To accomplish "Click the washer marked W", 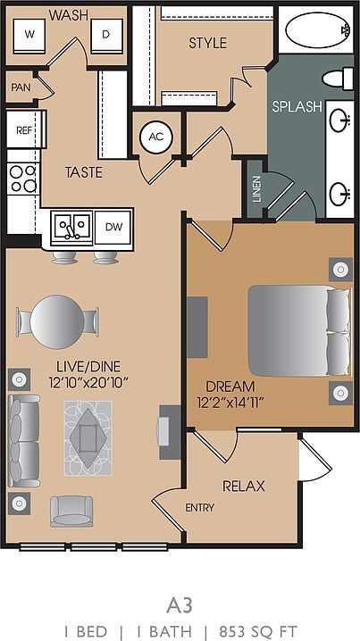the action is pos(29,36).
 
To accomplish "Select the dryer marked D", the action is pos(106,36).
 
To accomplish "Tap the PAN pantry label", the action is pos(20,87).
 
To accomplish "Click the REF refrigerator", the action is pos(24,129).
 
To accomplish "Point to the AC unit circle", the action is pos(155,137).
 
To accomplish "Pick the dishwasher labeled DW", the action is pos(113,228).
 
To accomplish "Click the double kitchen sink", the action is pos(72,228).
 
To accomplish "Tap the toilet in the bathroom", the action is pos(338,79).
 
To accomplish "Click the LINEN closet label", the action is pos(256,189).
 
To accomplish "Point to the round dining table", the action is pos(57,322).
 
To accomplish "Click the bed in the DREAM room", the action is pos(299,330).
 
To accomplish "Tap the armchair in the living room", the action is pos(71,511).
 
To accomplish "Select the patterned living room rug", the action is pos(88,437).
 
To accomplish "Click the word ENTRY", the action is pos(199,508).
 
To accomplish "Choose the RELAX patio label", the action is pos(243,487).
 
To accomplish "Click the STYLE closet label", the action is pos(207,43).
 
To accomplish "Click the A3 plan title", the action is pos(179,606).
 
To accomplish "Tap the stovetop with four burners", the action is pos(24,179).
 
